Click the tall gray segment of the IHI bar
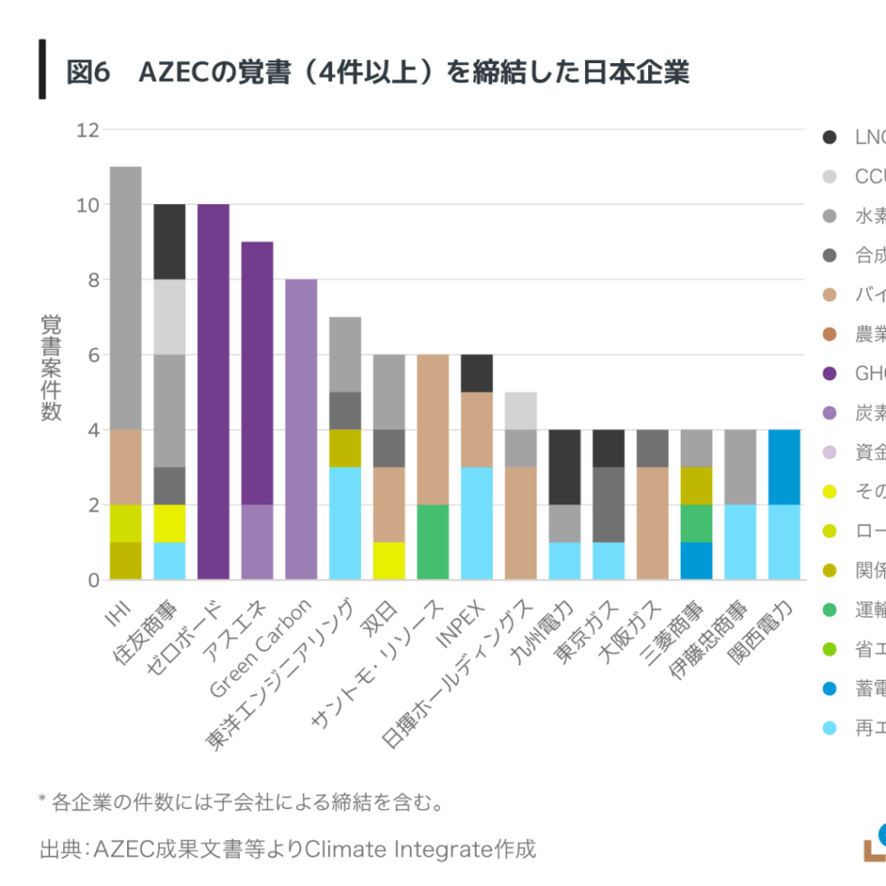pyautogui.click(x=125, y=298)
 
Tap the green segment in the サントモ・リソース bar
pyautogui.click(x=433, y=542)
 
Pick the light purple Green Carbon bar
pyautogui.click(x=301, y=429)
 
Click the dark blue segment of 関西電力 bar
pyautogui.click(x=784, y=466)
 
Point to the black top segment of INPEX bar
pyautogui.click(x=477, y=373)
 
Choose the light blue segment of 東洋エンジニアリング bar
pyautogui.click(x=344, y=523)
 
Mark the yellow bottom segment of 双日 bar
pyautogui.click(x=388, y=561)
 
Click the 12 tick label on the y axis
pyautogui.click(x=87, y=130)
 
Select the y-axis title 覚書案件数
pyautogui.click(x=51, y=368)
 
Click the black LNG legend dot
pyautogui.click(x=830, y=137)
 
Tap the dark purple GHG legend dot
pyautogui.click(x=830, y=374)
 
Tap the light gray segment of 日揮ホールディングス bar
pyautogui.click(x=521, y=410)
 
